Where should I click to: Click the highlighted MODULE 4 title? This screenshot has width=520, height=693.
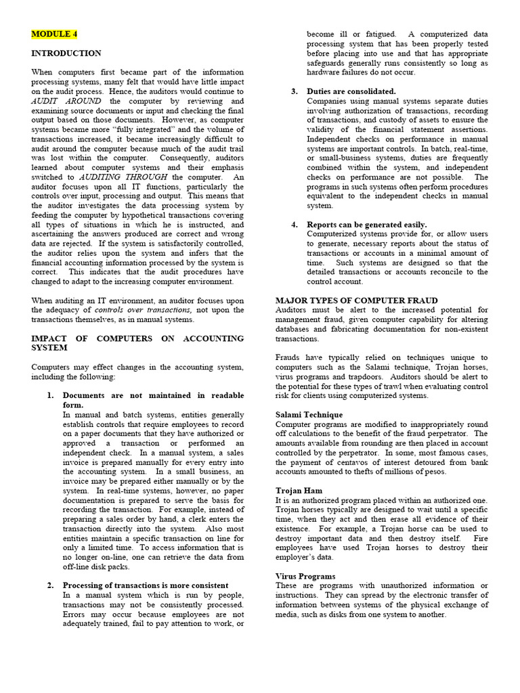pyautogui.click(x=54, y=33)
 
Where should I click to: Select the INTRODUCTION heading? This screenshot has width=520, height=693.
pyautogui.click(x=66, y=53)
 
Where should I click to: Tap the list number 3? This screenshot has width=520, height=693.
pyautogui.click(x=294, y=91)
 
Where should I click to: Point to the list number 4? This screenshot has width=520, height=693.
pyautogui.click(x=294, y=224)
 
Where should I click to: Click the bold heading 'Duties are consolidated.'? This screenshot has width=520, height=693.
pyautogui.click(x=351, y=91)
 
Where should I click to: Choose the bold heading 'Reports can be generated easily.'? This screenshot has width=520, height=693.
pyautogui.click(x=366, y=224)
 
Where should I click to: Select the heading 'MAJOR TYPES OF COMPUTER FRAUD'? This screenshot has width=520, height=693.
pyautogui.click(x=356, y=300)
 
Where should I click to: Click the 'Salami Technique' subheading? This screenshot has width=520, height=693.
pyautogui.click(x=309, y=414)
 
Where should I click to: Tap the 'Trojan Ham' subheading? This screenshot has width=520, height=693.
pyautogui.click(x=299, y=490)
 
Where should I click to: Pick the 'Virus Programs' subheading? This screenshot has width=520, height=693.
pyautogui.click(x=305, y=576)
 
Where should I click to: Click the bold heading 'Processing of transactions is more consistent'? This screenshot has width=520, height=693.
pyautogui.click(x=145, y=585)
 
